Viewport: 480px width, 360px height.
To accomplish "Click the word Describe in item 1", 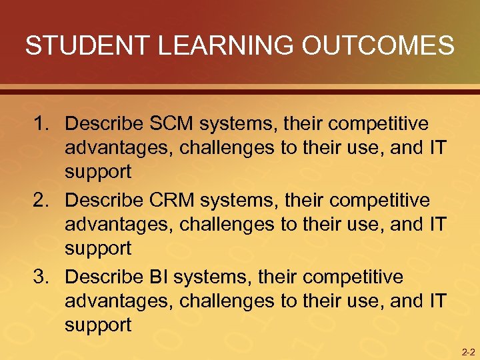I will point(105,124).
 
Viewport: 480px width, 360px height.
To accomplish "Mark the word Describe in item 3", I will point(105,276).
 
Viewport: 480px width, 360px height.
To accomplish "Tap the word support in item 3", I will point(98,325).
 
